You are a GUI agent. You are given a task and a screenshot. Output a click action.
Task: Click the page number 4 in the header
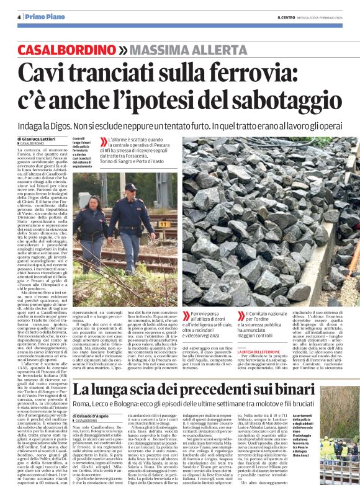click(x=19, y=17)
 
